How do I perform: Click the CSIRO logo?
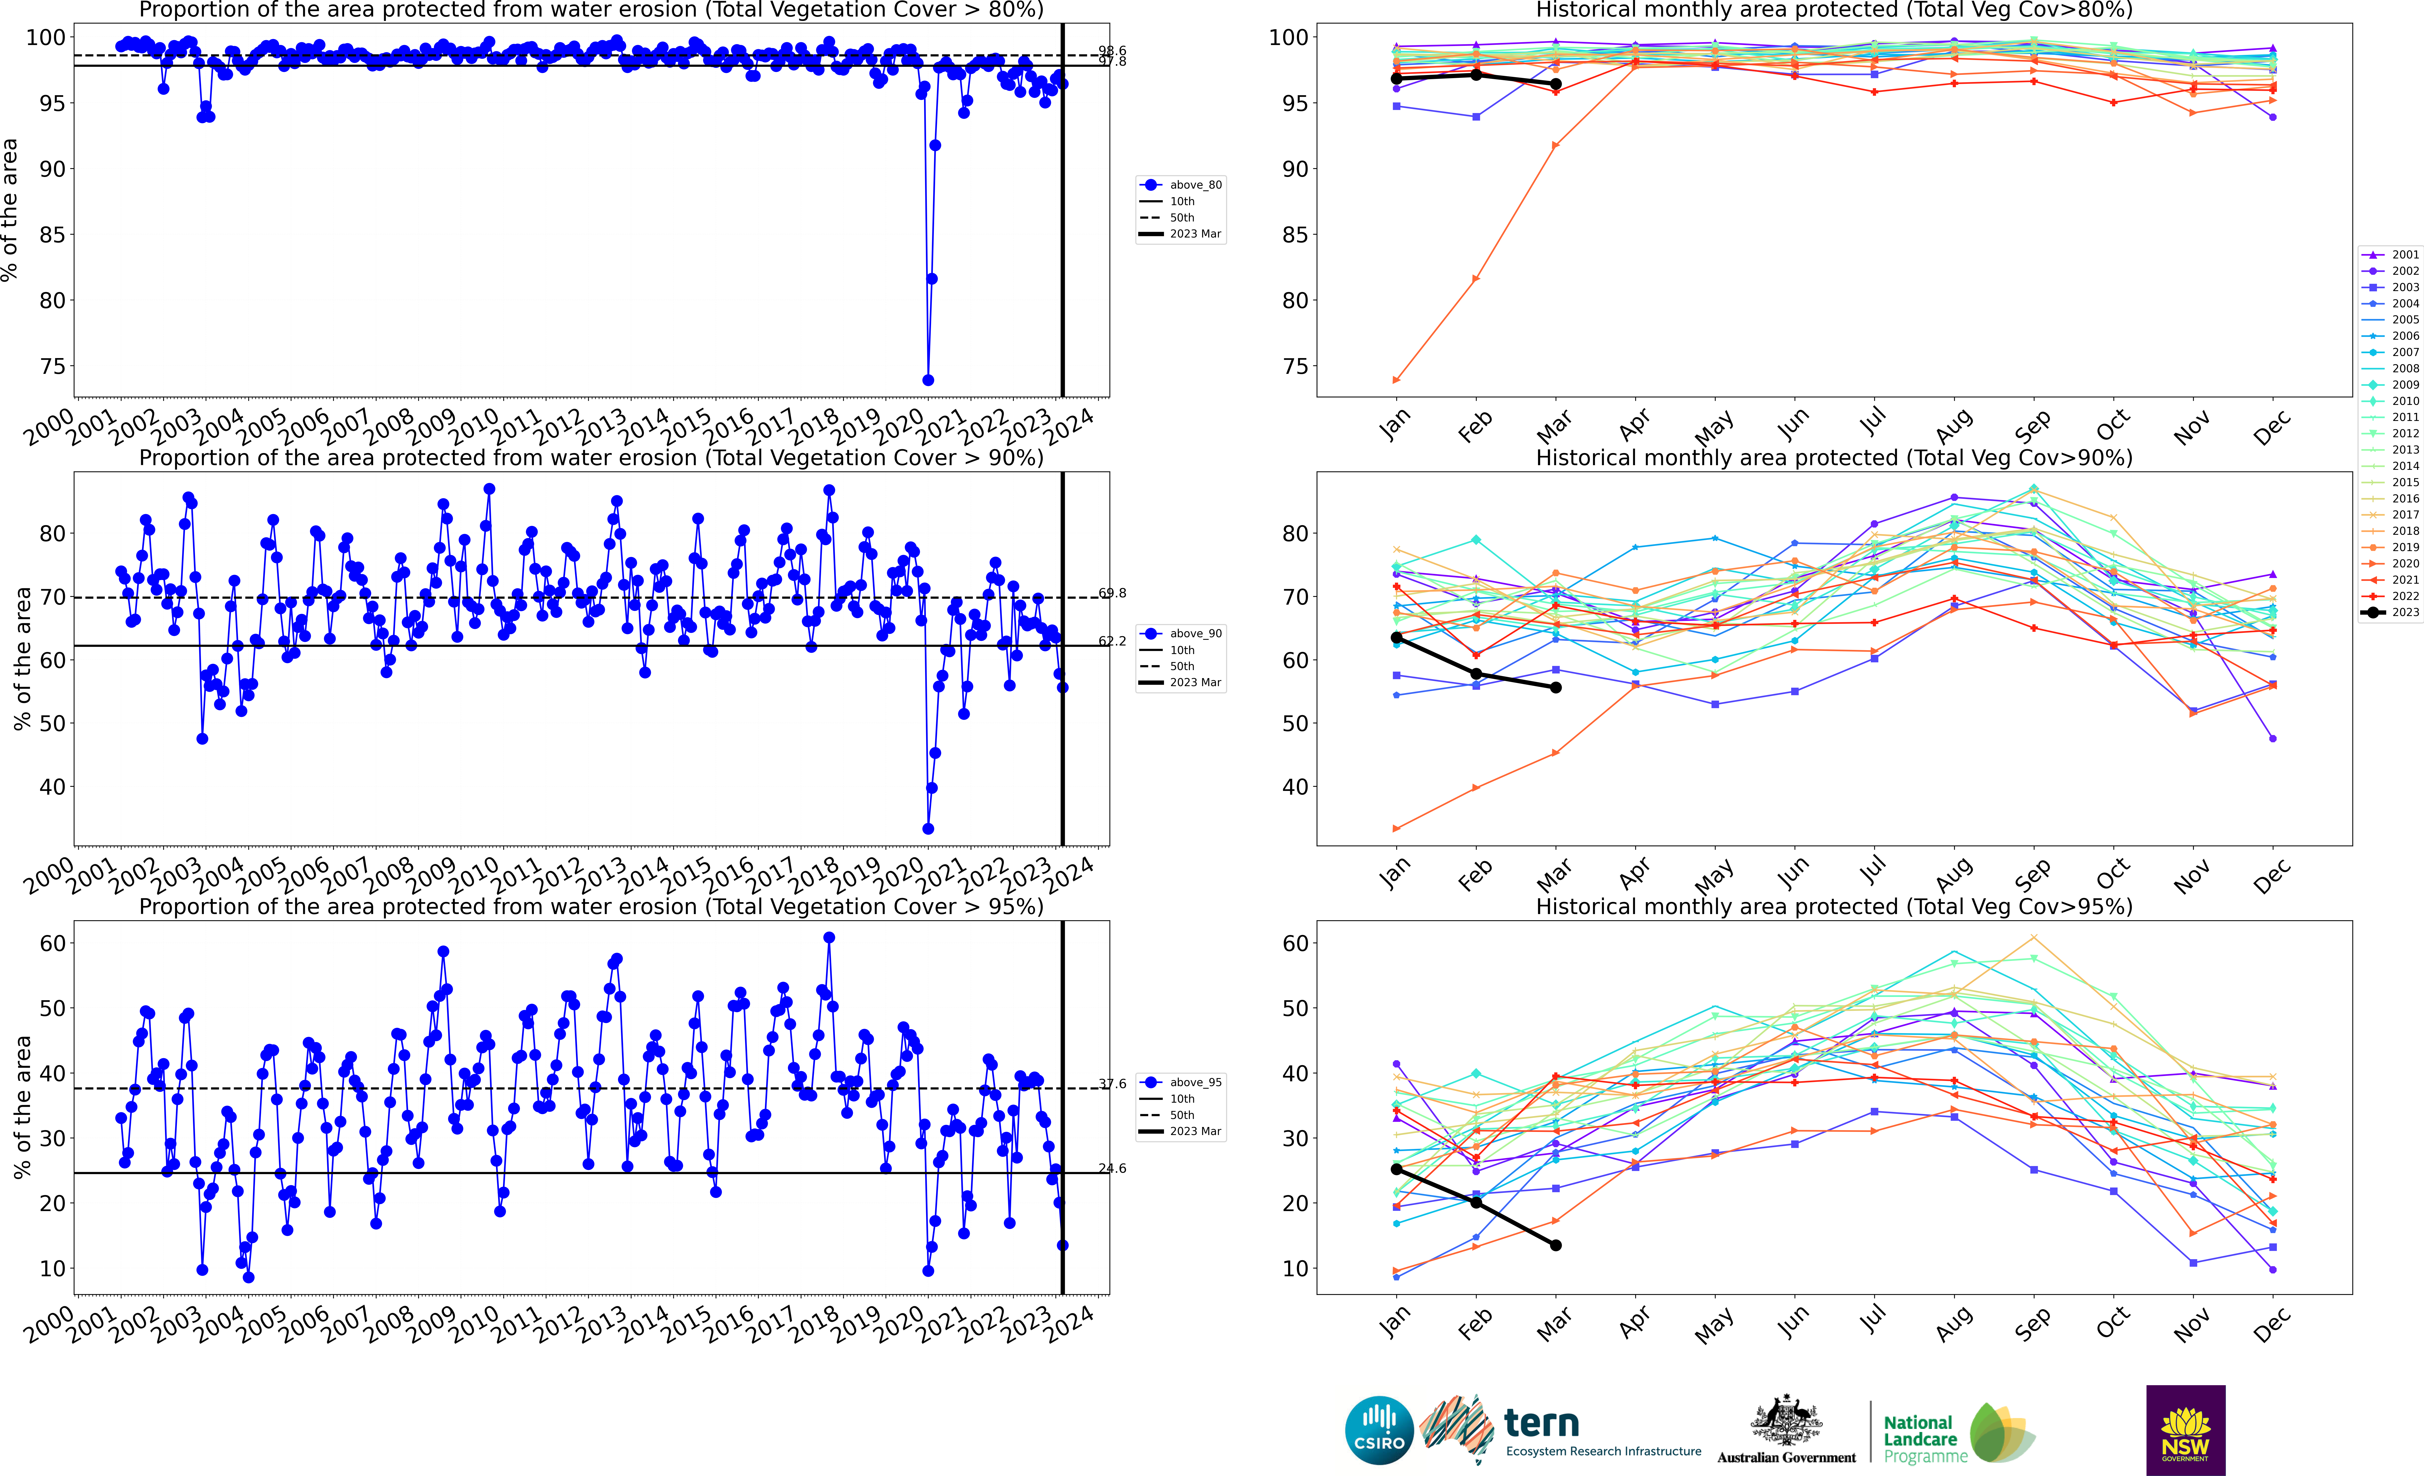point(1379,1430)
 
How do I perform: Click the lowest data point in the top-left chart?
point(928,380)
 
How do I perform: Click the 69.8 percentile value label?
point(1113,593)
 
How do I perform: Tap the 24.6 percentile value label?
point(1113,1168)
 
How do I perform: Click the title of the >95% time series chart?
point(591,906)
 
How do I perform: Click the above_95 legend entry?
point(1195,1082)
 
